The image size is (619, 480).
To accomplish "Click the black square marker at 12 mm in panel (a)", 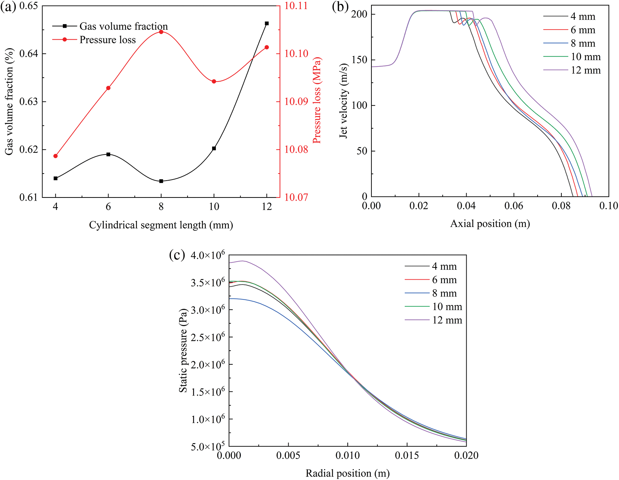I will pos(266,24).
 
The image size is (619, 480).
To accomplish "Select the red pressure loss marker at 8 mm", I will pos(161,32).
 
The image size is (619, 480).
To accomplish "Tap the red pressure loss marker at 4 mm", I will pos(55,156).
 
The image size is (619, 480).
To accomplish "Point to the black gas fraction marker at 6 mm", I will pos(108,154).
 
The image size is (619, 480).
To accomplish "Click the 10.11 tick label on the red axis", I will pos(296,6).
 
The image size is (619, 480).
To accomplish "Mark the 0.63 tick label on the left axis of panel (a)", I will pos(28,102).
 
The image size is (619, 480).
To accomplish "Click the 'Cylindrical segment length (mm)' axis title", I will pos(161,225).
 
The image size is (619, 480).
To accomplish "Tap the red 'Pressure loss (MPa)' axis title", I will pos(317,100).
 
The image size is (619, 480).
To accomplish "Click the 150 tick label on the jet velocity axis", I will pos(359,60).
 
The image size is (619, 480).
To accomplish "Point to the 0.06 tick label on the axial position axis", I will pos(514,206).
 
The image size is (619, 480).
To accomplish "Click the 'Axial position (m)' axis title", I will pos(490,224).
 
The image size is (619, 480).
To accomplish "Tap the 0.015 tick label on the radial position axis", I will pos(407,456).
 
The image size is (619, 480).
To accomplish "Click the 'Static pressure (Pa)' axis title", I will pos(183,351).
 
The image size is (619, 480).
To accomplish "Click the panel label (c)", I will pos(177,255).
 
